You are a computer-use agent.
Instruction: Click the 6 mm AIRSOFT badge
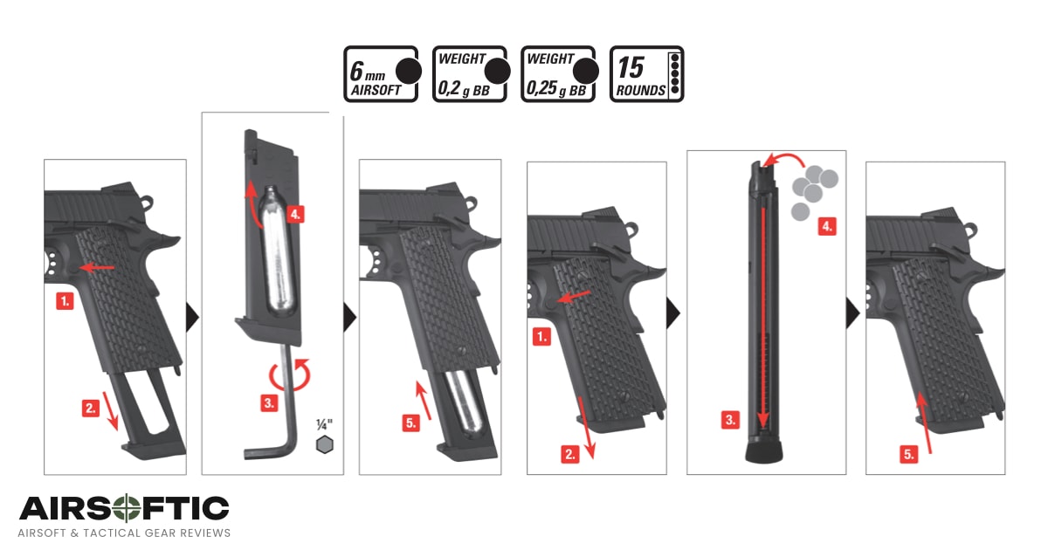click(x=381, y=74)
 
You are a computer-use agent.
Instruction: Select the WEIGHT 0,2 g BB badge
click(x=470, y=74)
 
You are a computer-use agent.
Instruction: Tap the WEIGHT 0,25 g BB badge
click(x=559, y=74)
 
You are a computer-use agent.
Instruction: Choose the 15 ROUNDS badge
click(x=646, y=74)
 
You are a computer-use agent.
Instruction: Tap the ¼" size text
click(x=325, y=423)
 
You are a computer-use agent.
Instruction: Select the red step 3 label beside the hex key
click(x=269, y=402)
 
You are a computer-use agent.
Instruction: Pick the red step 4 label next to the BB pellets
click(x=827, y=226)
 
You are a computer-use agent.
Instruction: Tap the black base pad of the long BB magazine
click(x=763, y=452)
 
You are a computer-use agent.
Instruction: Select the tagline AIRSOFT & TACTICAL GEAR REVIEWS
click(x=124, y=533)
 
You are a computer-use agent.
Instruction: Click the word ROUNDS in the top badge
click(x=640, y=89)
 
